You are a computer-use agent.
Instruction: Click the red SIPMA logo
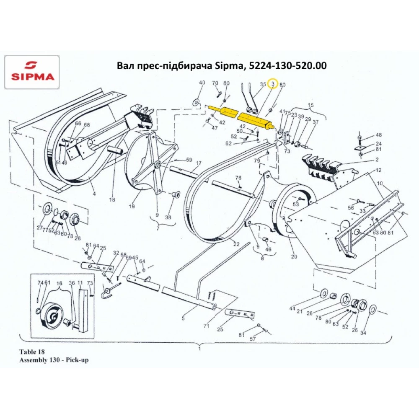click(x=32, y=72)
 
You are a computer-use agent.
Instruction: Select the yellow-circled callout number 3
click(x=273, y=84)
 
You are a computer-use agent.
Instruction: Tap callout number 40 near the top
click(x=202, y=83)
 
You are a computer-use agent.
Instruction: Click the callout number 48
click(x=379, y=135)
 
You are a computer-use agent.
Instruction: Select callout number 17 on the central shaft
click(x=199, y=163)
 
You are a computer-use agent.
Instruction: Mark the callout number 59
click(x=189, y=160)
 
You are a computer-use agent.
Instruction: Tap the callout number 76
click(x=238, y=178)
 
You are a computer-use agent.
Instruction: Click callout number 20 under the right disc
click(x=294, y=256)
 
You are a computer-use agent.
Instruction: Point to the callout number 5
click(x=183, y=318)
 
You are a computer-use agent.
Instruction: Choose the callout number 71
click(x=206, y=325)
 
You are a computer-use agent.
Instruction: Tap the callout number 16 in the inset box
click(x=59, y=284)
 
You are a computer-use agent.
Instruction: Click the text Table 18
click(x=31, y=352)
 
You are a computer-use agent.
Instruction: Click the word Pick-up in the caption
click(x=79, y=360)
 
